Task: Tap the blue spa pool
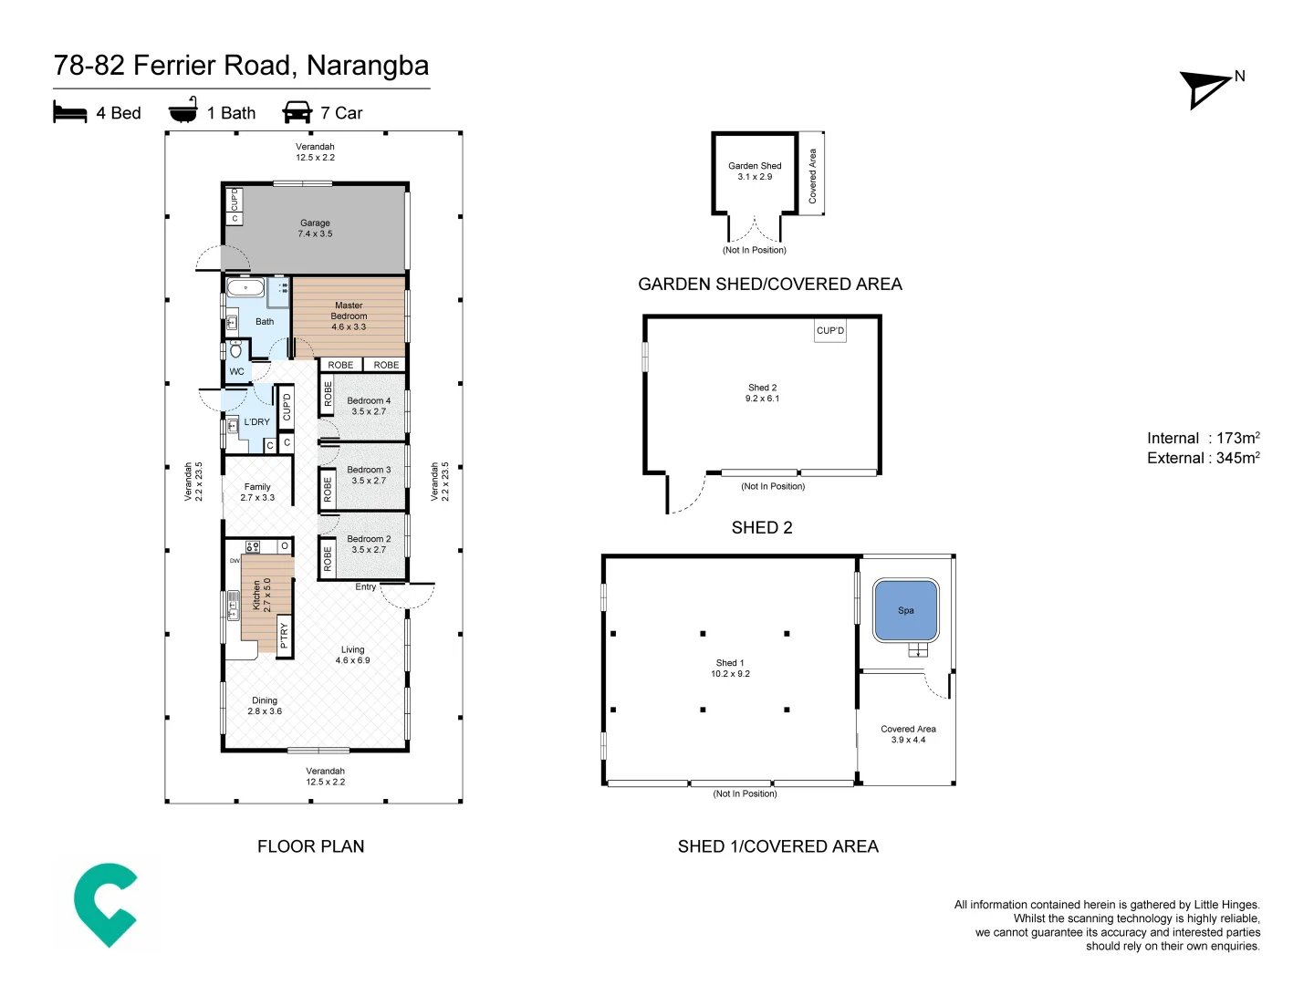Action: click(905, 610)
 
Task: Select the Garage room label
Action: click(315, 228)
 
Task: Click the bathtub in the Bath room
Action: click(245, 289)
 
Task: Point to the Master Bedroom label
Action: click(349, 316)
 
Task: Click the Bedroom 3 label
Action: click(369, 475)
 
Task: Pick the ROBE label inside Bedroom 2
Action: click(328, 558)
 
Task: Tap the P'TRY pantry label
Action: click(284, 635)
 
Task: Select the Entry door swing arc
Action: click(407, 596)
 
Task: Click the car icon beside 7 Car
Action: click(297, 112)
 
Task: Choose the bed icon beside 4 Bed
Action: click(70, 112)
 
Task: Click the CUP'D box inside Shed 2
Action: click(829, 330)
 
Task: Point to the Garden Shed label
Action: click(755, 171)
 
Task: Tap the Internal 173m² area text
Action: click(1203, 438)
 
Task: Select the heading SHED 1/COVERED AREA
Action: click(777, 846)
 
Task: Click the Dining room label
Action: click(265, 706)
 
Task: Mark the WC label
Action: click(236, 371)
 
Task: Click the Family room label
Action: click(257, 492)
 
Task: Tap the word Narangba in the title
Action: click(368, 66)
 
